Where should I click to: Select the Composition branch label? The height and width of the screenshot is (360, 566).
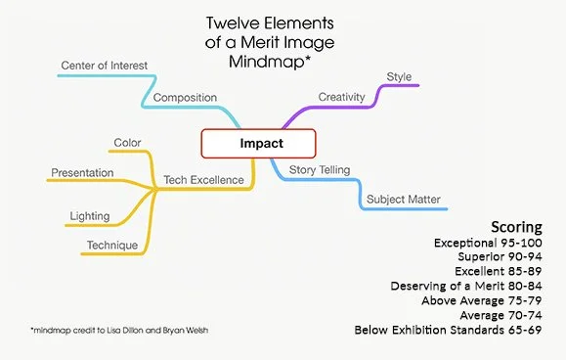coord(185,98)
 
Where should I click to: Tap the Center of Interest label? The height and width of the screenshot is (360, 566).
coord(104,66)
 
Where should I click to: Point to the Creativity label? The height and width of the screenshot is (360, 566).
coord(342,96)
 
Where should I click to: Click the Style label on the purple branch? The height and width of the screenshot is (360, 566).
coord(399,76)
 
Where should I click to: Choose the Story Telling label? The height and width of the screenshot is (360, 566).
coord(321,170)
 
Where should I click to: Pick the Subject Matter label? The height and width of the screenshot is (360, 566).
coord(403,200)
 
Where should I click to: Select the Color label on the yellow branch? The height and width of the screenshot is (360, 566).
coord(127,143)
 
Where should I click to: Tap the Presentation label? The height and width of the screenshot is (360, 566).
coord(81,173)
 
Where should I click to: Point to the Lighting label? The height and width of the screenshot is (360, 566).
coord(90,215)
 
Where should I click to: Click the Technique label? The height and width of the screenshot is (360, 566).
coord(111,245)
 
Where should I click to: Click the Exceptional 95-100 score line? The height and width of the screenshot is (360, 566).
coord(498,242)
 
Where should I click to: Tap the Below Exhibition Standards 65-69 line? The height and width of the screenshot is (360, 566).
coord(458,332)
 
